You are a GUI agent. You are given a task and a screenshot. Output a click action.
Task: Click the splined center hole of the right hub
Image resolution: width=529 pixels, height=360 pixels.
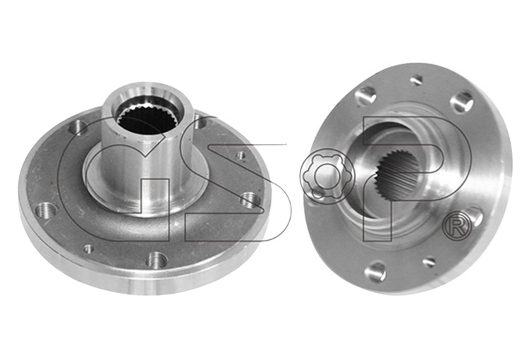point(397,175)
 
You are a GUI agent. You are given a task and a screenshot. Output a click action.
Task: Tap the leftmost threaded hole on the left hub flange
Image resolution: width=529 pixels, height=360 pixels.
point(47,210)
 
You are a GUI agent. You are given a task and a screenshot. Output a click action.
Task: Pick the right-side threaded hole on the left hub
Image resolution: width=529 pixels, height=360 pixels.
point(249,199)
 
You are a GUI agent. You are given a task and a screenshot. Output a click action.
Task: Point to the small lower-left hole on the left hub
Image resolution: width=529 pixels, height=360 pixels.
point(88,249)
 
